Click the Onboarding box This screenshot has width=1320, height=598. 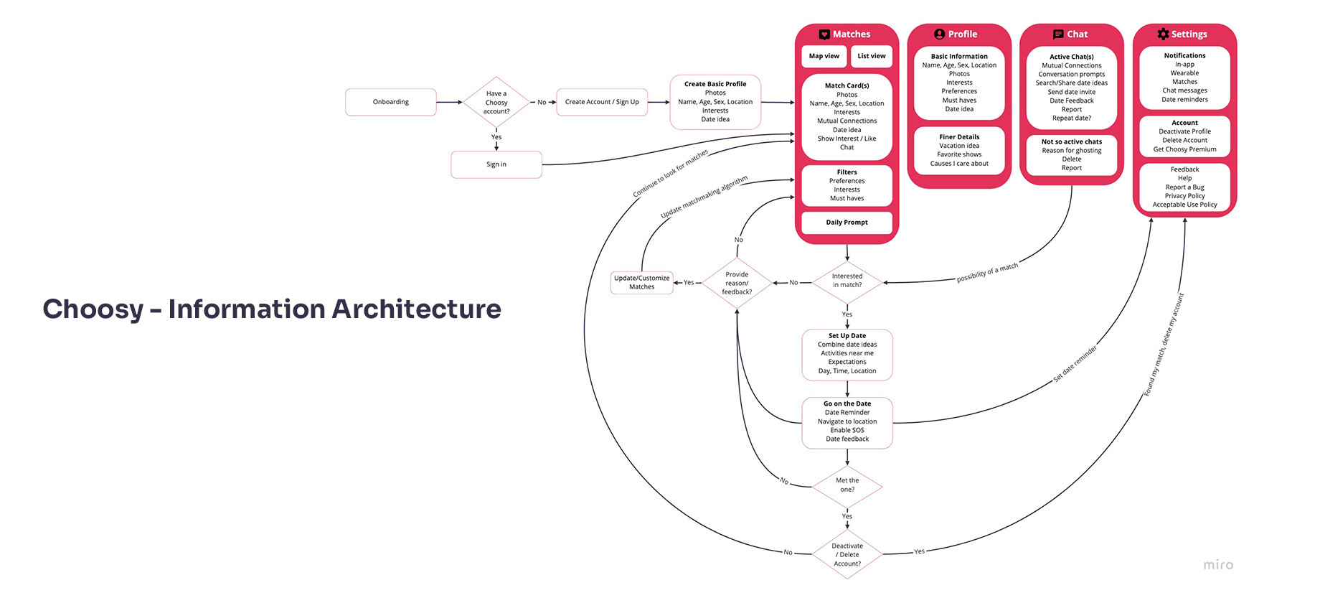click(391, 102)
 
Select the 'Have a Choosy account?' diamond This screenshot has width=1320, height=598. click(496, 103)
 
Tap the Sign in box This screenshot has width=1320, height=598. click(496, 164)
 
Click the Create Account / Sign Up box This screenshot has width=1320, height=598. click(602, 102)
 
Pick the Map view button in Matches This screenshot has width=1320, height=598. click(824, 56)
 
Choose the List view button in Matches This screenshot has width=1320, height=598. click(872, 56)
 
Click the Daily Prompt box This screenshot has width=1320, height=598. click(847, 223)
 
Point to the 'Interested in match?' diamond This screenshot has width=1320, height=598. click(847, 281)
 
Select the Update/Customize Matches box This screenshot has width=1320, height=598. click(642, 283)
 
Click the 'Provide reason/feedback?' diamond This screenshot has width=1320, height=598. click(737, 284)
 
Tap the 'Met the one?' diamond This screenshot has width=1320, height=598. click(847, 485)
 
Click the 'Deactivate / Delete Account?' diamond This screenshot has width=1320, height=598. click(847, 555)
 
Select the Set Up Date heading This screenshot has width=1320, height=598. click(847, 336)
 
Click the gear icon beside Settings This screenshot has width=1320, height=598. click(1163, 34)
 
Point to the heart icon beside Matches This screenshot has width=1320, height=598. click(824, 34)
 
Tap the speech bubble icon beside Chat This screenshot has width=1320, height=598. click(1058, 34)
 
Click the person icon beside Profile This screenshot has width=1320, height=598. click(939, 34)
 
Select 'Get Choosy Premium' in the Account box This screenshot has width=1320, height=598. click(1184, 149)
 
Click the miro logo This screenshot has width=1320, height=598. click(1218, 565)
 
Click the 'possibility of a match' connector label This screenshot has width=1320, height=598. click(987, 273)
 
